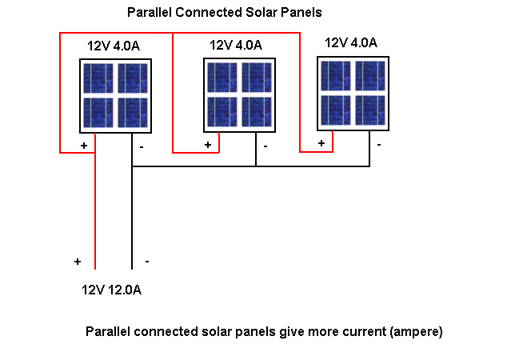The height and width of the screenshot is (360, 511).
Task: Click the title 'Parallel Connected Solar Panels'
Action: [224, 12]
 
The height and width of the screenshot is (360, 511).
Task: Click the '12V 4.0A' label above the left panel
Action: [114, 46]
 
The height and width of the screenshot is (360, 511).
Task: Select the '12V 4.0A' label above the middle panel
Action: [236, 45]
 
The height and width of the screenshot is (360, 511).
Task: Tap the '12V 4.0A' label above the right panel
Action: [351, 42]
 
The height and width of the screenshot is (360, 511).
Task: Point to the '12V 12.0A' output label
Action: [111, 290]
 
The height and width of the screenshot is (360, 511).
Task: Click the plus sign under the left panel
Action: [84, 146]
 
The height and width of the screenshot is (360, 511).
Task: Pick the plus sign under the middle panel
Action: [208, 145]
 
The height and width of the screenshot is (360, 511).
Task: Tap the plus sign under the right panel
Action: [321, 143]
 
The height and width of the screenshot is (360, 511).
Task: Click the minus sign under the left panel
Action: [142, 147]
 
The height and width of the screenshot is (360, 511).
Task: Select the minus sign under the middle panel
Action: [265, 146]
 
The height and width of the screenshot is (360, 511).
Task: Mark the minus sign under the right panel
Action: [379, 144]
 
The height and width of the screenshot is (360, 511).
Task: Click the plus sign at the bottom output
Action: [78, 262]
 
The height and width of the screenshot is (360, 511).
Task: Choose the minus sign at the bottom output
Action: [147, 261]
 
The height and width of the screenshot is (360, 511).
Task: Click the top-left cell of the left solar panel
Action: [98, 78]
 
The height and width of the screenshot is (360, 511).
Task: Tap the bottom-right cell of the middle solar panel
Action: [257, 112]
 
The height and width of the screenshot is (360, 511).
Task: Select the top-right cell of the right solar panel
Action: [370, 76]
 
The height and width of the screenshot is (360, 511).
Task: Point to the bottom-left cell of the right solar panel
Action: [336, 110]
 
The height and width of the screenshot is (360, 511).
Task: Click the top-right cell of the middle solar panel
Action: [257, 78]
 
